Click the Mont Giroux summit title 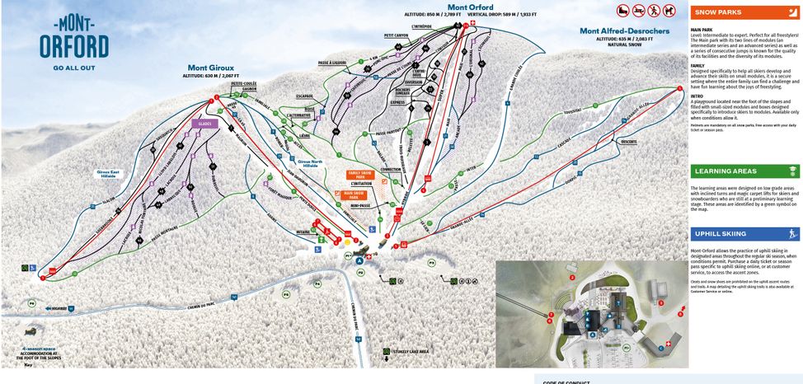[210, 68]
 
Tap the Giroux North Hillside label [308, 163]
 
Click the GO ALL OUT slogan [74, 68]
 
